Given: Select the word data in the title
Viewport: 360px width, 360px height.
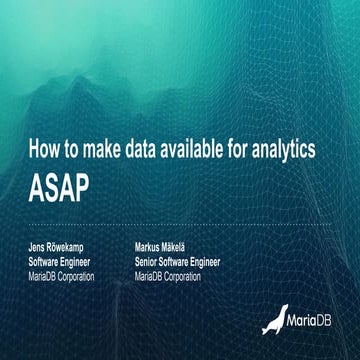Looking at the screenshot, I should click(x=145, y=149).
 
